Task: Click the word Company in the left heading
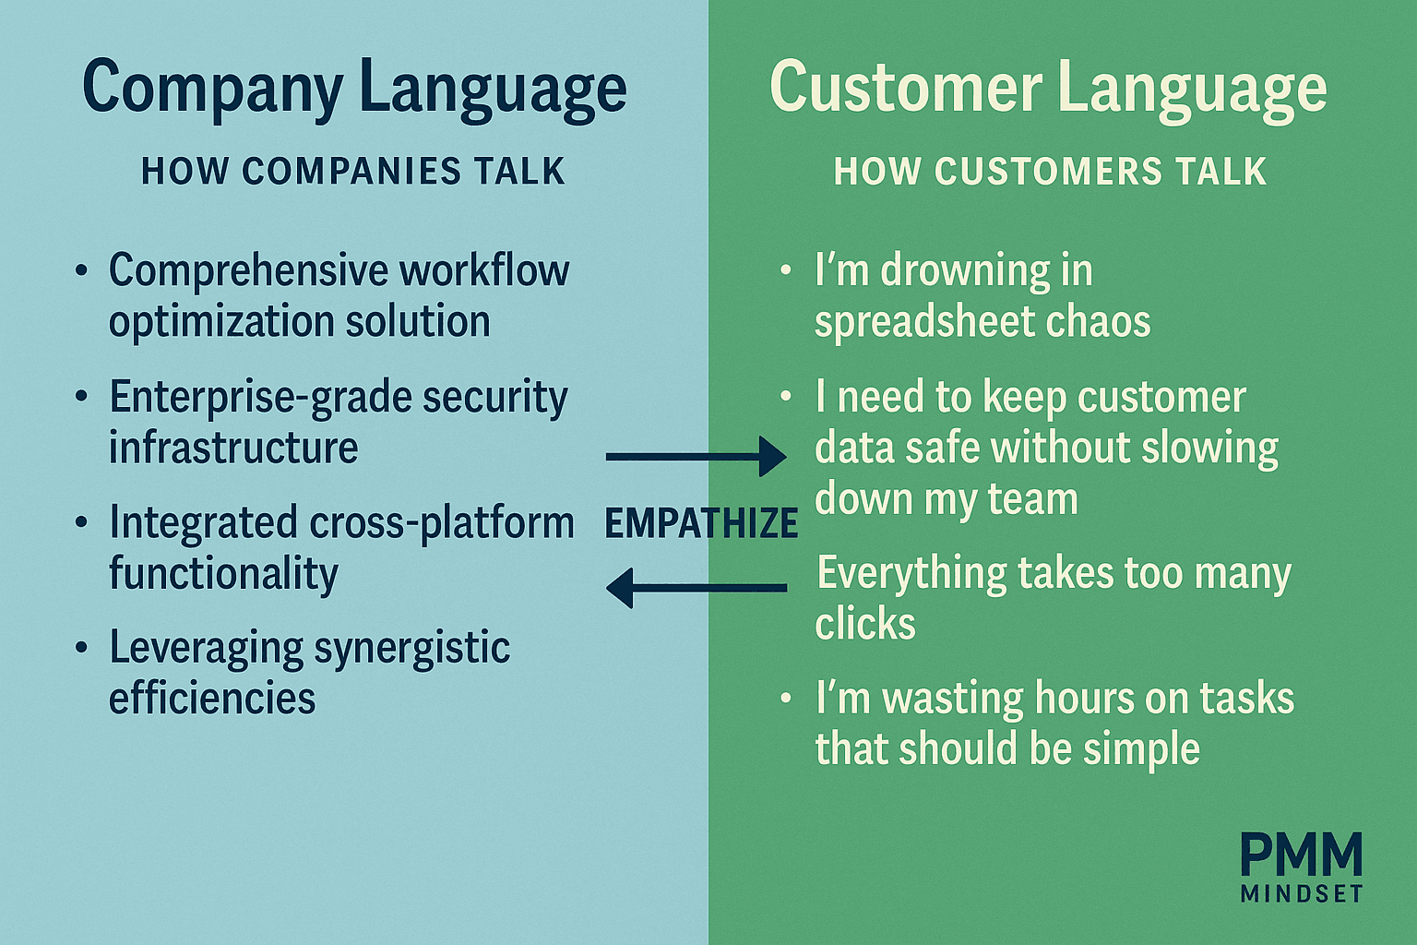213,90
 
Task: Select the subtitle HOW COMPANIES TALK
353,171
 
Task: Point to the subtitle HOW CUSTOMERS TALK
1050,171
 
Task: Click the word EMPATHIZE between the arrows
701,523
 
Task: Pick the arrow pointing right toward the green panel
696,457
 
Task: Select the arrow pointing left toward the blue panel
697,588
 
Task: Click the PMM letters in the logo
1302,854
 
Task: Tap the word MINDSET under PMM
1302,893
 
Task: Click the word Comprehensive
248,271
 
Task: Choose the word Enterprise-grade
261,399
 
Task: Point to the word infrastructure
233,447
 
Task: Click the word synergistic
411,650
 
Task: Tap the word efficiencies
212,698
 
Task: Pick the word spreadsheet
924,322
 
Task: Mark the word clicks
864,623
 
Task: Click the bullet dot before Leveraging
81,648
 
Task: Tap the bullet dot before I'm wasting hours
786,699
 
